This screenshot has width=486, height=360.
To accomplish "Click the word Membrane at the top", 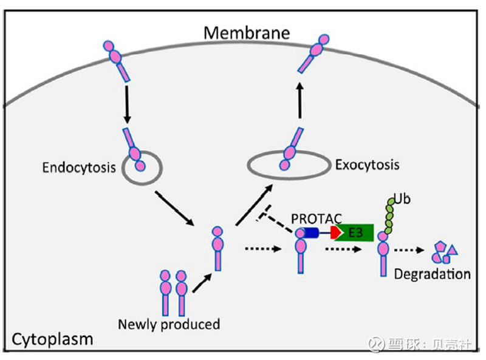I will tap(246, 32).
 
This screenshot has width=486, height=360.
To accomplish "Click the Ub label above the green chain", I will tap(402, 199).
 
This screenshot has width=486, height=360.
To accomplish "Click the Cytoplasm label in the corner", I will tap(53, 339).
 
